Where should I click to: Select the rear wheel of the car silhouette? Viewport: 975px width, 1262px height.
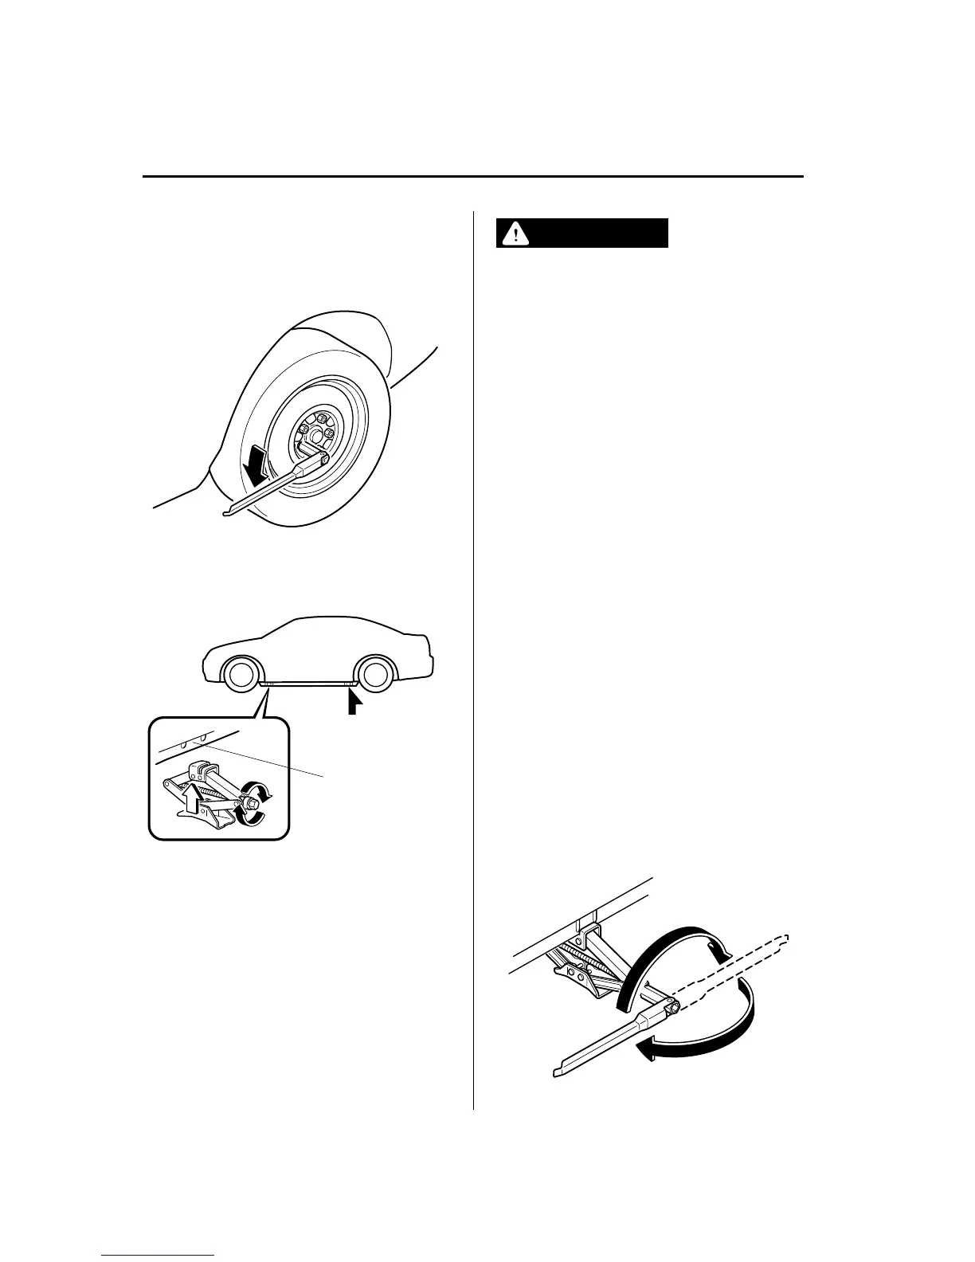click(x=374, y=674)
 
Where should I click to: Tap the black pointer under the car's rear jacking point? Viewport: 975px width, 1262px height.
click(x=353, y=702)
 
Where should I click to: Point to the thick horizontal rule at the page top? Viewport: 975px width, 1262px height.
click(x=473, y=176)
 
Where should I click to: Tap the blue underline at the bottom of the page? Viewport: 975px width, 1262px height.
click(x=159, y=1256)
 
